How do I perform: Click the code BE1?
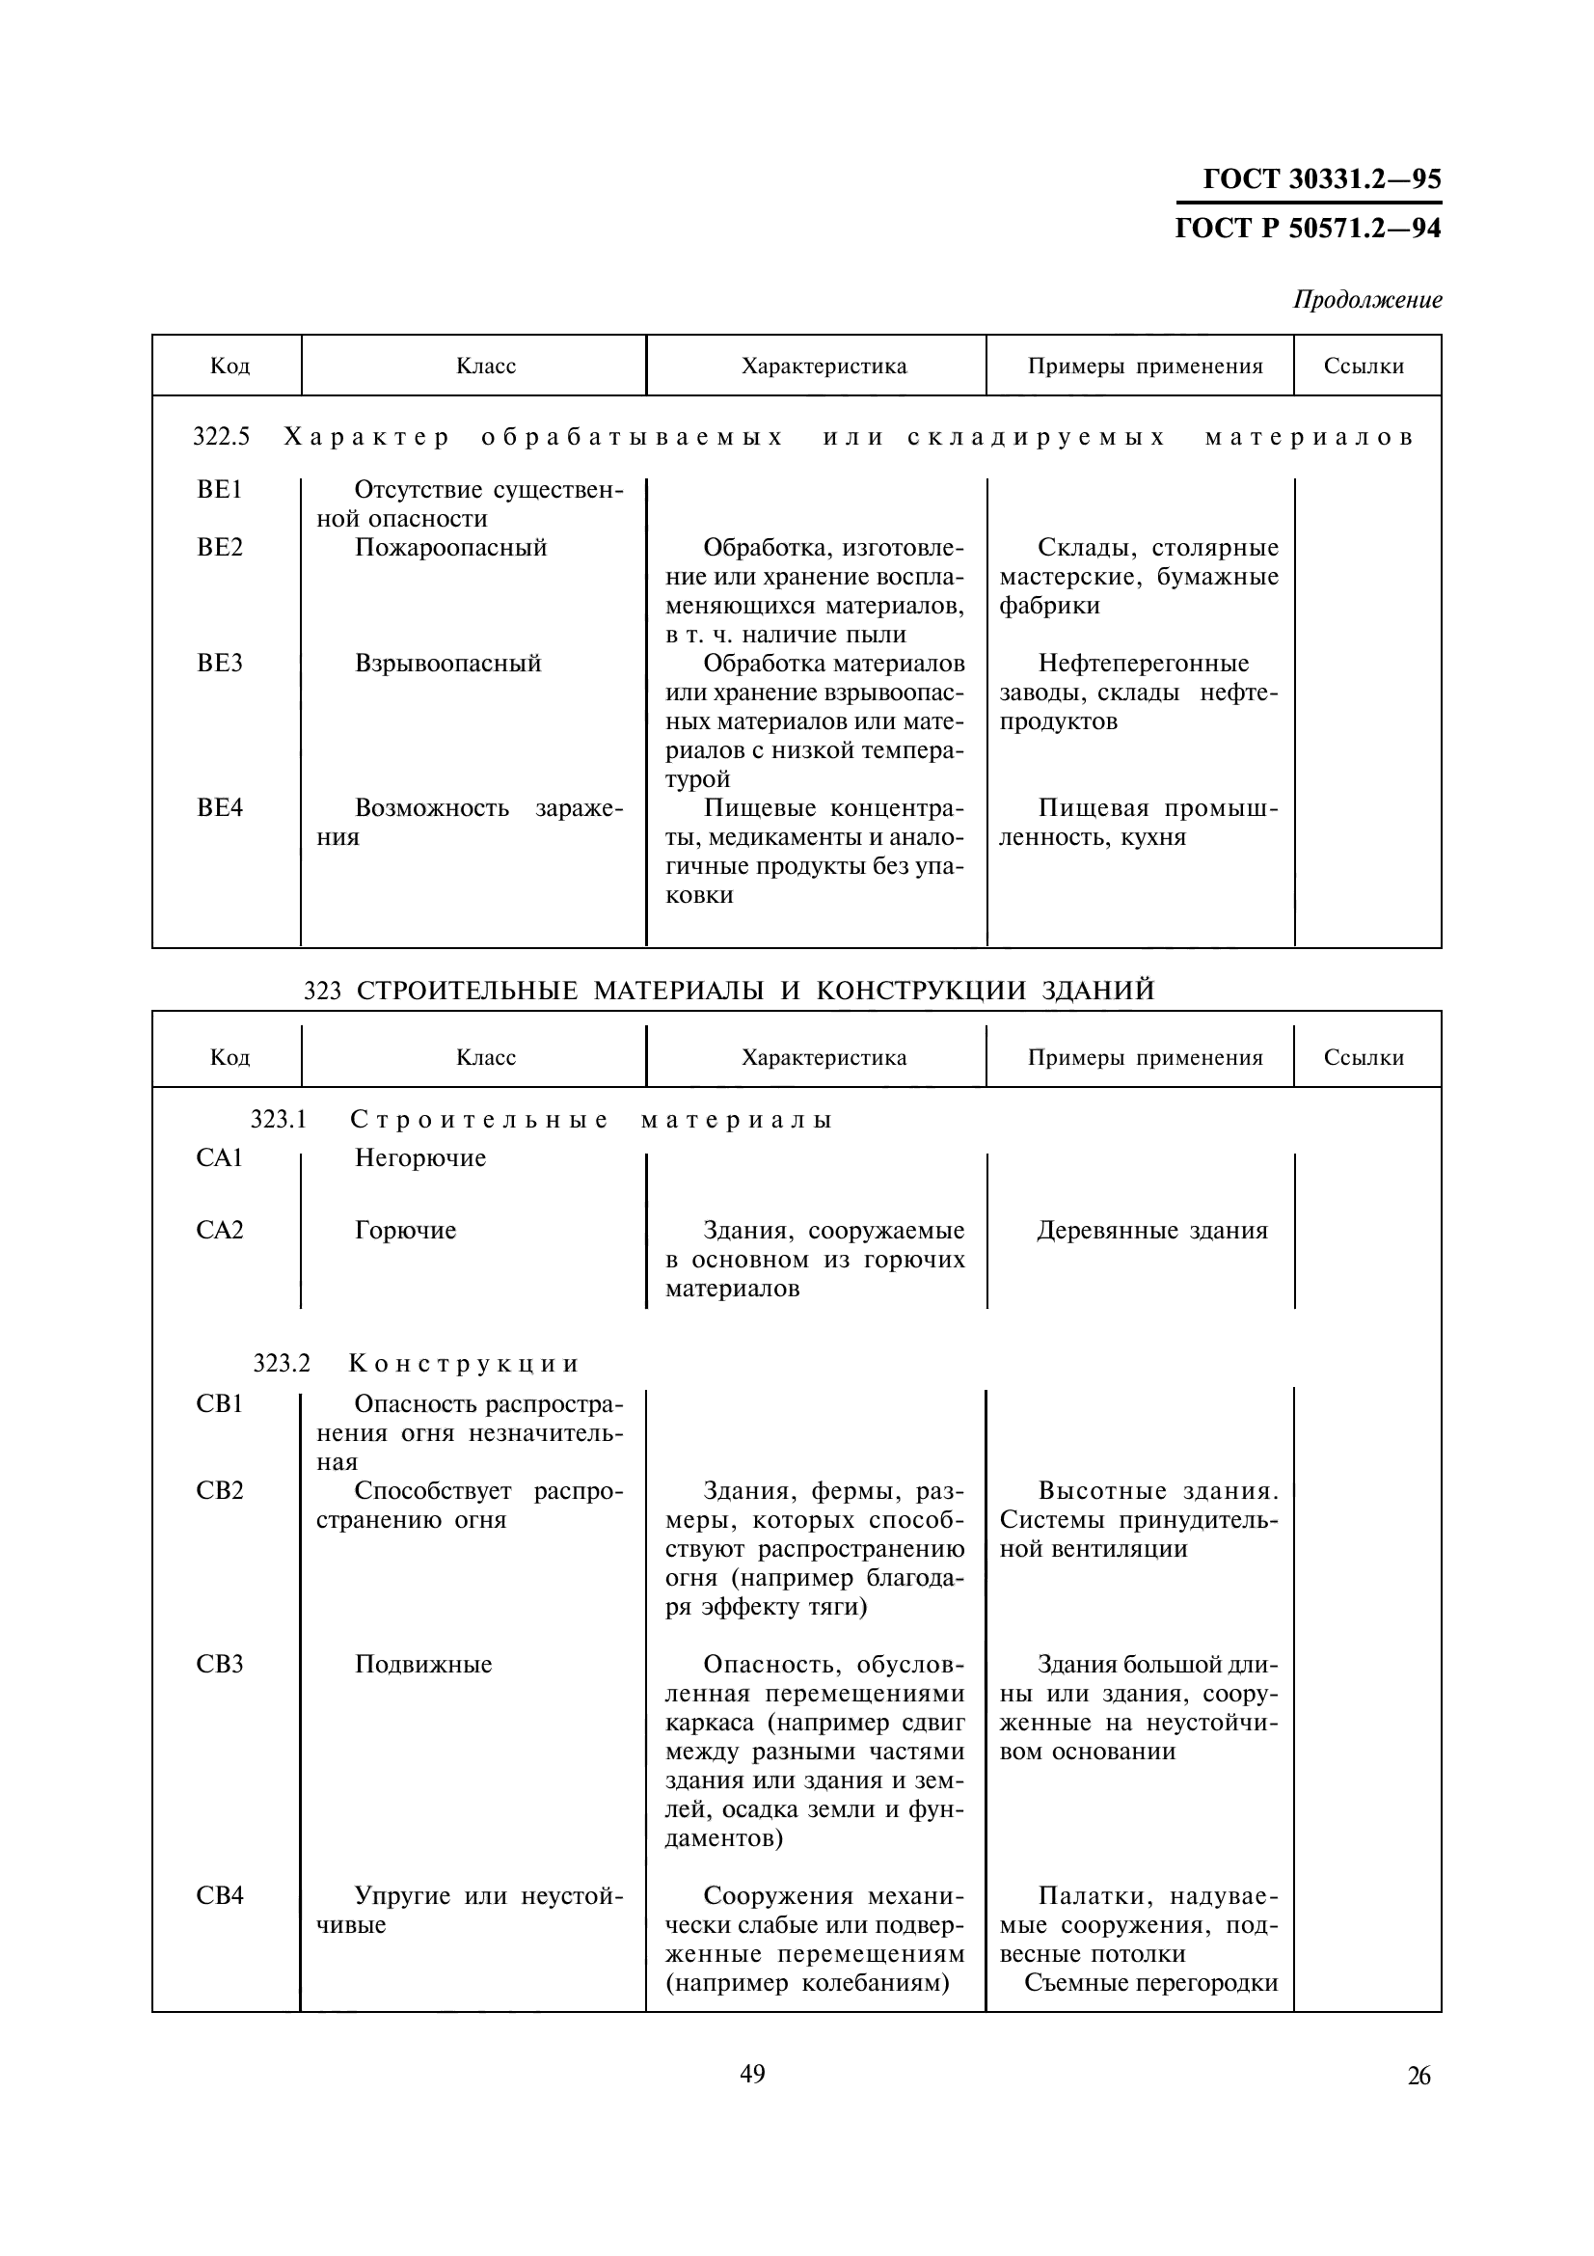[x=219, y=489]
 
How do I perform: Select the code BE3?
[x=219, y=664]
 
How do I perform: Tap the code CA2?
[x=219, y=1230]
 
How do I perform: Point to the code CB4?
[x=219, y=1895]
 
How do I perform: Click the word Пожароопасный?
[x=449, y=547]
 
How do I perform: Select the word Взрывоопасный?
[x=446, y=664]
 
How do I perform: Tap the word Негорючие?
[x=419, y=1157]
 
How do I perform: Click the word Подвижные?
[x=422, y=1665]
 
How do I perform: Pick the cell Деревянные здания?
[x=1152, y=1230]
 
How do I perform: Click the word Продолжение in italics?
[x=1367, y=300]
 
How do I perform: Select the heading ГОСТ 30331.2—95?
[x=1321, y=178]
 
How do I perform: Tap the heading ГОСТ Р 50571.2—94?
[x=1308, y=228]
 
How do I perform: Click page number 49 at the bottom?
[x=752, y=2074]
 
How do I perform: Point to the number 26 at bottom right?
[x=1418, y=2076]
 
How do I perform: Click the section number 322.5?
[x=221, y=437]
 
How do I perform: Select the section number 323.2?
[x=281, y=1364]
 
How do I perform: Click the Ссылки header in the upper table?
[x=1364, y=367]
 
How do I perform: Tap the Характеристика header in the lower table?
[x=823, y=1057]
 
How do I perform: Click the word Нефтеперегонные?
[x=1144, y=664]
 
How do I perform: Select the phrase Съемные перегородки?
[x=1151, y=1983]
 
